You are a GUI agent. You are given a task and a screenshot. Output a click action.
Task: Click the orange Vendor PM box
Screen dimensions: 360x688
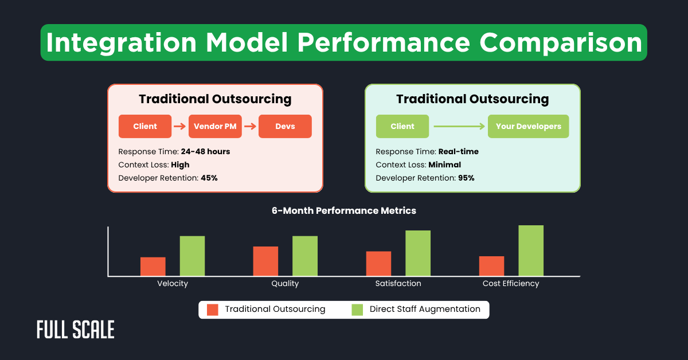(x=215, y=127)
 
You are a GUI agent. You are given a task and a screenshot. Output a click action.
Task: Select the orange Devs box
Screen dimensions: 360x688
(x=285, y=127)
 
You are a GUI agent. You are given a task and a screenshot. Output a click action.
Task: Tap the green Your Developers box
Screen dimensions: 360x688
(x=528, y=127)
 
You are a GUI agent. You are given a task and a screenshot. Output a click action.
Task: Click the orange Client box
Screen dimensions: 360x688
(x=145, y=127)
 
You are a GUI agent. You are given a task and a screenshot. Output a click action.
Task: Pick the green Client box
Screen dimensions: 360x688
(x=402, y=127)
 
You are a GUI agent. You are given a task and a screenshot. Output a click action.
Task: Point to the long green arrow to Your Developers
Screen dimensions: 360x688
(x=458, y=127)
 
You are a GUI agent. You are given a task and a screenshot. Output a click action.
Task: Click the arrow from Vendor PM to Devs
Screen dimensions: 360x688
(x=250, y=127)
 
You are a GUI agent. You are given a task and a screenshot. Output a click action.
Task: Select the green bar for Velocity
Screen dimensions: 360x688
(x=192, y=256)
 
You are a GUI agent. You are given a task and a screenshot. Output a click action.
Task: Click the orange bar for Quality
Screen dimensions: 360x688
(x=265, y=261)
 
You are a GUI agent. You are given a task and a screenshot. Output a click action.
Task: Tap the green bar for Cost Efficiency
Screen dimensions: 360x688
(x=531, y=251)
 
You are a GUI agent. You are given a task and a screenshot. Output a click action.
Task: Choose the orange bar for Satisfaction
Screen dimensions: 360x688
(x=378, y=263)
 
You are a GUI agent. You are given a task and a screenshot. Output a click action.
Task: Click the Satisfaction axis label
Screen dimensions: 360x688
(x=398, y=284)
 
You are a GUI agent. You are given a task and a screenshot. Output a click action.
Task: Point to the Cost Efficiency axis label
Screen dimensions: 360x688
(x=510, y=284)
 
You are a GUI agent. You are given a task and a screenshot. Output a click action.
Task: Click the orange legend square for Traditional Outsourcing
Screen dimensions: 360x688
(x=213, y=310)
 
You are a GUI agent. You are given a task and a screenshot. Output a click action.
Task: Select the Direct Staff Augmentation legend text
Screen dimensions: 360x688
(x=425, y=310)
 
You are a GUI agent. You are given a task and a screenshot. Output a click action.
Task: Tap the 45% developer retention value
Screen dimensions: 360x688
(x=209, y=178)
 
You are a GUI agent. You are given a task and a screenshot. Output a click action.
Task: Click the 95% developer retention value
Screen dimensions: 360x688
(x=466, y=178)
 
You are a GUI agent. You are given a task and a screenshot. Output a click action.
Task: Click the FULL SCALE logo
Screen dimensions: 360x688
(x=75, y=330)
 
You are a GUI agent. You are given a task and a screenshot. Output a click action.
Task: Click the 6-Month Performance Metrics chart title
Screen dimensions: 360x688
(x=344, y=211)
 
